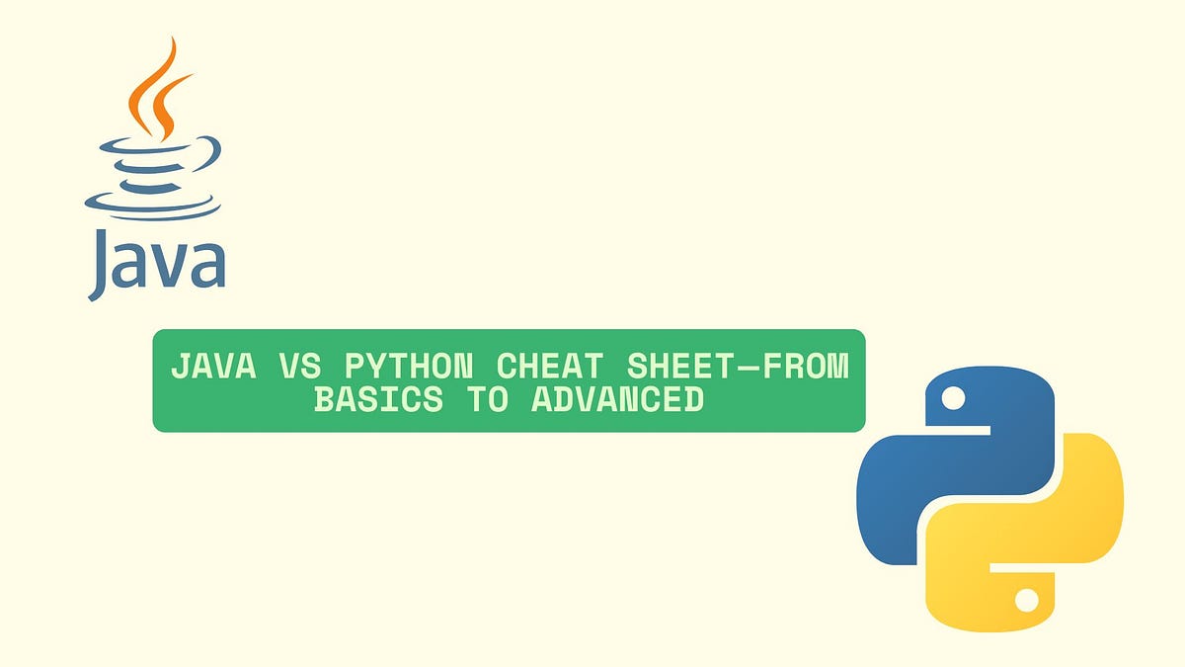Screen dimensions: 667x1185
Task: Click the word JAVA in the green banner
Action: point(212,366)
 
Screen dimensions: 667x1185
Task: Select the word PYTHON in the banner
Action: point(415,366)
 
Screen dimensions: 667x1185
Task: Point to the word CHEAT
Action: point(550,366)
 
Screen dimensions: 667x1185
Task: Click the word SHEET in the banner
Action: point(679,366)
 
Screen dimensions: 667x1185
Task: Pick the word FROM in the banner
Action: point(806,366)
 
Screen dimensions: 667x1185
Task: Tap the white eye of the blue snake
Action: point(952,398)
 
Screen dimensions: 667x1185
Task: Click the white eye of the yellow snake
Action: point(1027,599)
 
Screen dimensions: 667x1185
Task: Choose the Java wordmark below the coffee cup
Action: point(156,263)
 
